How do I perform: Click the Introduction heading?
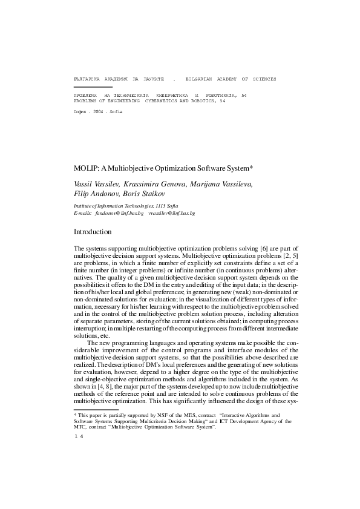coord(92,232)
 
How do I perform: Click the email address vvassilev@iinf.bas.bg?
coord(172,214)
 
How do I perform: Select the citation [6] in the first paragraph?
coord(264,249)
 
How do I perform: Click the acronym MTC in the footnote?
coord(80,427)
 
